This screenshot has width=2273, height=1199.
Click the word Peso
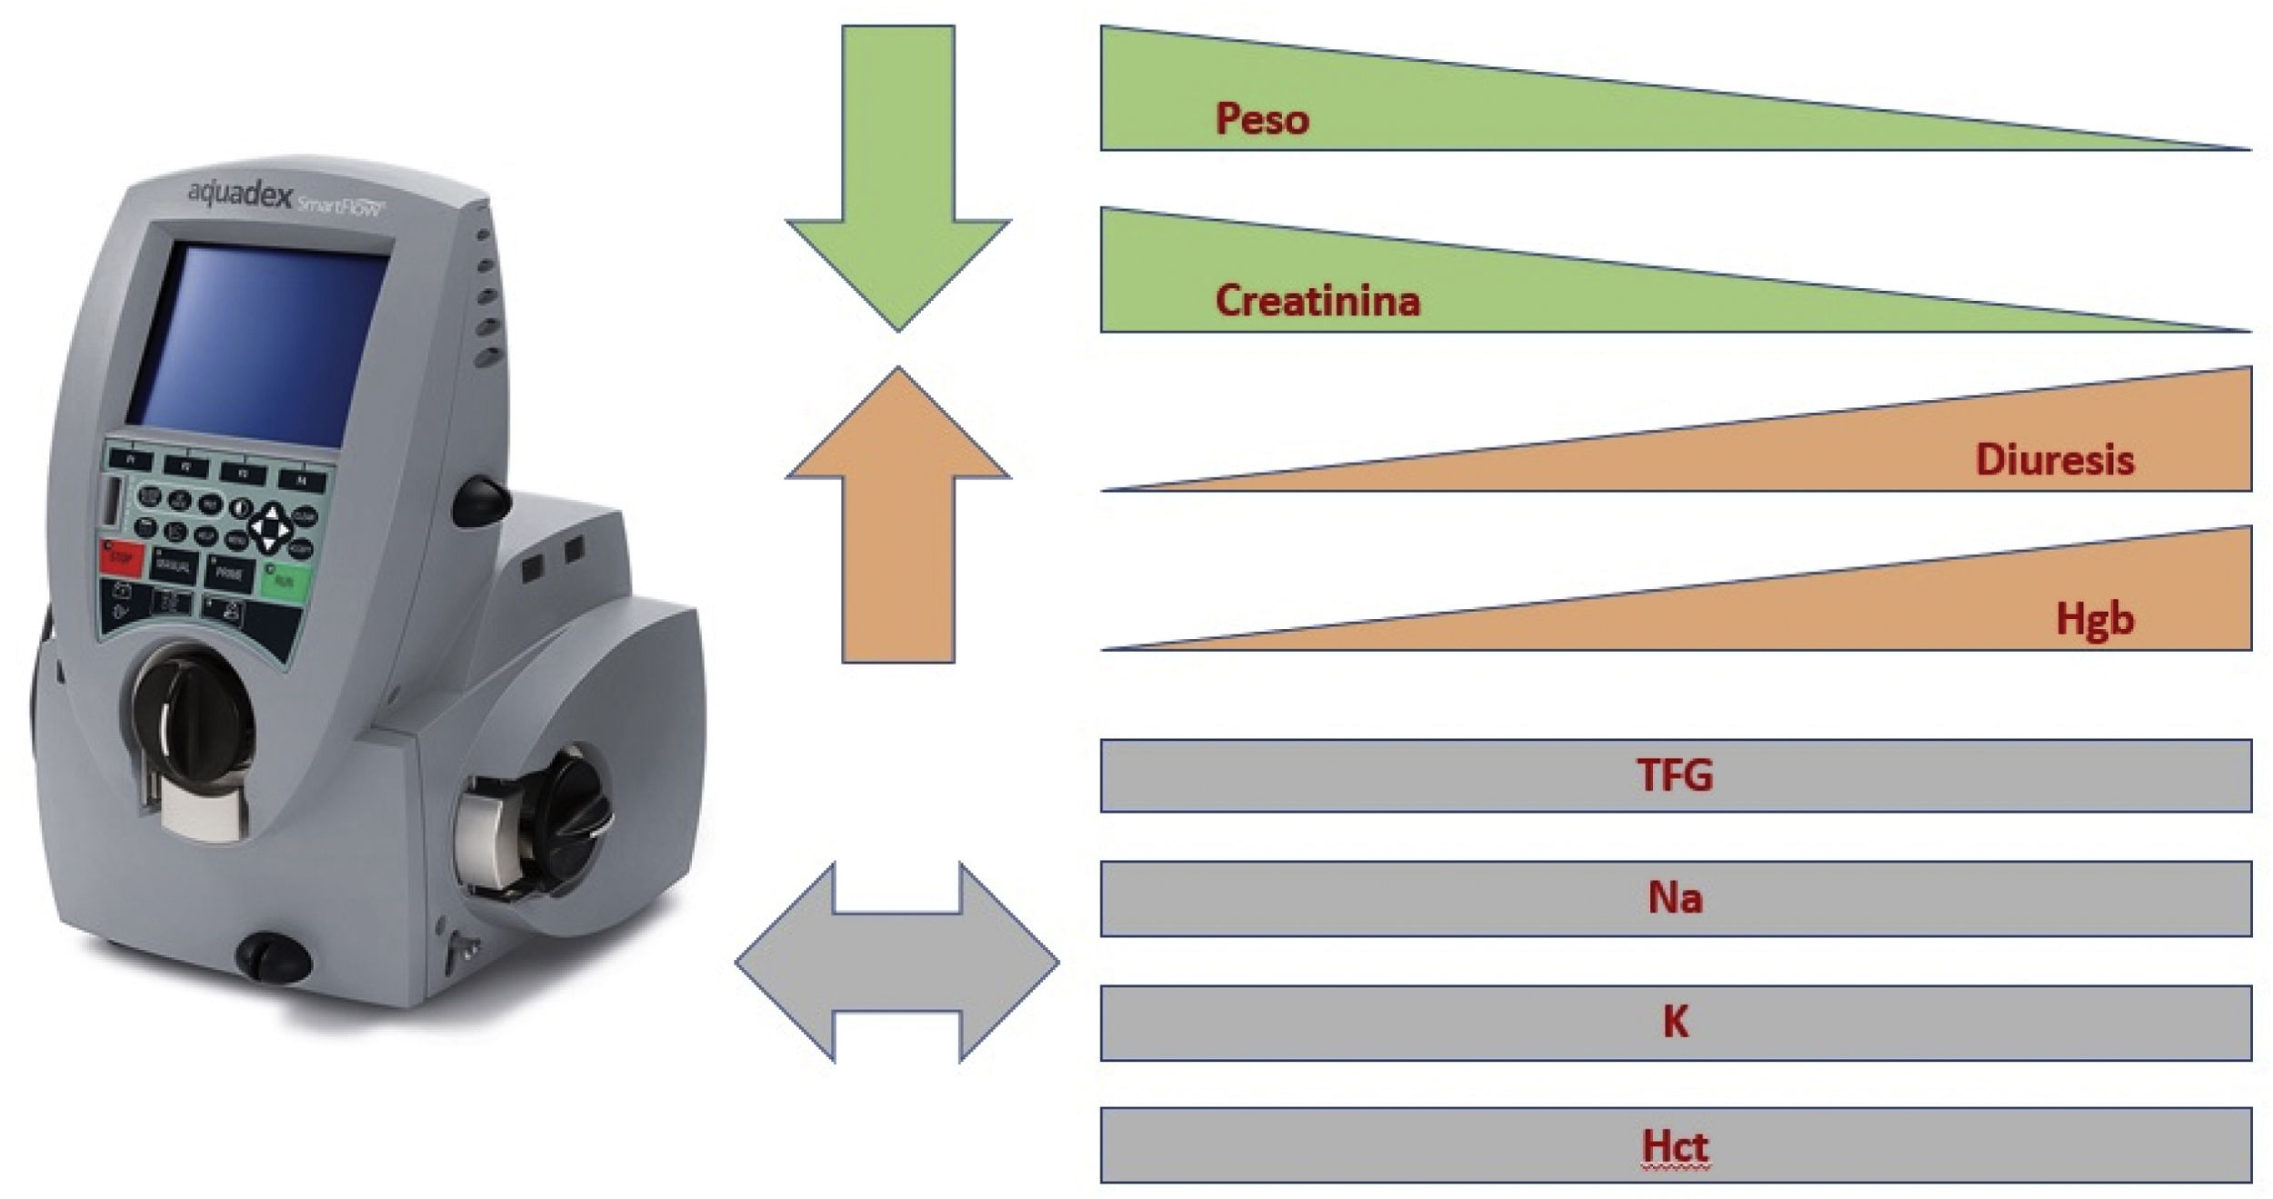(x=1262, y=119)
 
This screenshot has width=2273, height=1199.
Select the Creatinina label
(x=1317, y=301)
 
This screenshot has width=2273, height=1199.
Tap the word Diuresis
(x=2054, y=460)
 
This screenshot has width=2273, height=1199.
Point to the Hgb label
(x=2094, y=620)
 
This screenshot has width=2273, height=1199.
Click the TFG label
(x=1675, y=775)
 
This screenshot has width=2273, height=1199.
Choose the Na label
(x=1675, y=898)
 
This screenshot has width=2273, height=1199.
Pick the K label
(x=1675, y=1023)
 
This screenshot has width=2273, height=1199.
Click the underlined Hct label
(x=1675, y=1145)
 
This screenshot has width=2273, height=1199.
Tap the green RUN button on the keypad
(x=285, y=579)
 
